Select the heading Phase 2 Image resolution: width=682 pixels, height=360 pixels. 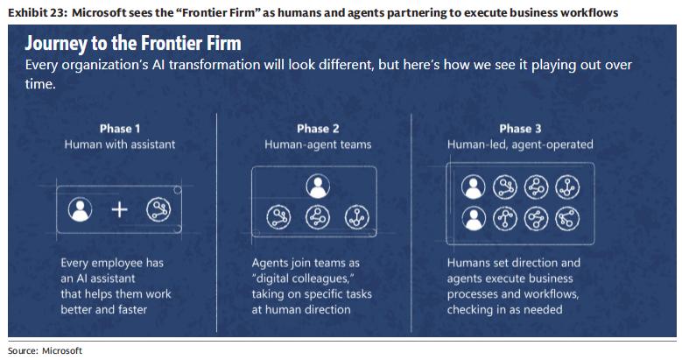pos(318,128)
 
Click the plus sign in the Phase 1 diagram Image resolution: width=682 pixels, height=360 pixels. pos(120,210)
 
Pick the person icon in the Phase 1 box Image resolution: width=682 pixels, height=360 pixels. pos(81,210)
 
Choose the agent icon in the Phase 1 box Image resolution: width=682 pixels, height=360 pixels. pos(158,210)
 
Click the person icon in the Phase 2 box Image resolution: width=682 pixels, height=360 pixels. pos(318,186)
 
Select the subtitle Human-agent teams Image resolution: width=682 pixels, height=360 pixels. pos(318,144)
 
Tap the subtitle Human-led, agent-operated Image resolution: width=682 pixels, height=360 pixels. pos(520,144)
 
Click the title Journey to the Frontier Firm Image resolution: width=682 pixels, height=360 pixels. pos(133,44)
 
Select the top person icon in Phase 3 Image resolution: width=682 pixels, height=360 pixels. pos(474,186)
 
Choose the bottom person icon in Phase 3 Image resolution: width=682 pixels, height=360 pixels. pos(474,219)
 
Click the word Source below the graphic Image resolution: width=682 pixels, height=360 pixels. pos(22,350)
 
